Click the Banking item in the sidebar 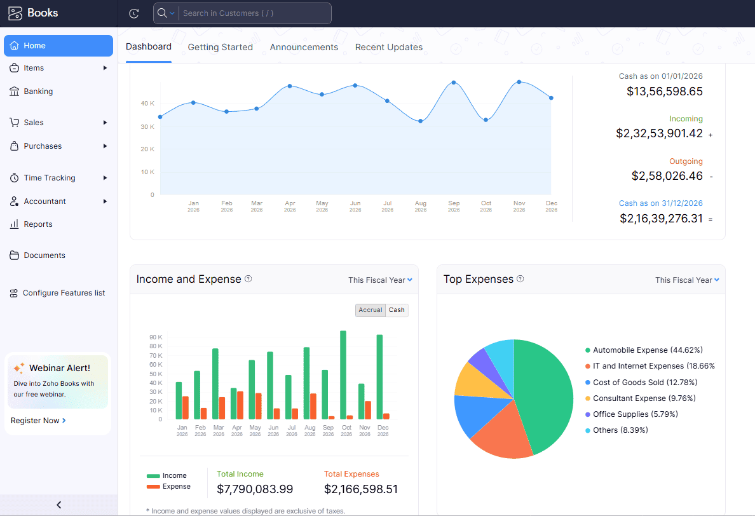tap(38, 92)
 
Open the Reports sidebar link tap(38, 224)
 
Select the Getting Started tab tap(220, 47)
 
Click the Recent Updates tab tap(388, 47)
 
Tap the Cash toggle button tap(397, 310)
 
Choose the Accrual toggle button tap(370, 310)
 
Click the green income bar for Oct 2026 tap(343, 374)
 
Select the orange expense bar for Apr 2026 tap(240, 405)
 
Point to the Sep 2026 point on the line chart tap(454, 83)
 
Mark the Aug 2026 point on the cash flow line tap(420, 121)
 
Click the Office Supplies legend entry tap(635, 414)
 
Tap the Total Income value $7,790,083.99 tap(255, 489)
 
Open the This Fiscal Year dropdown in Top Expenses tap(687, 280)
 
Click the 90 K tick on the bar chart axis tap(156, 337)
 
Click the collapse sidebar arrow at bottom tap(58, 505)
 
